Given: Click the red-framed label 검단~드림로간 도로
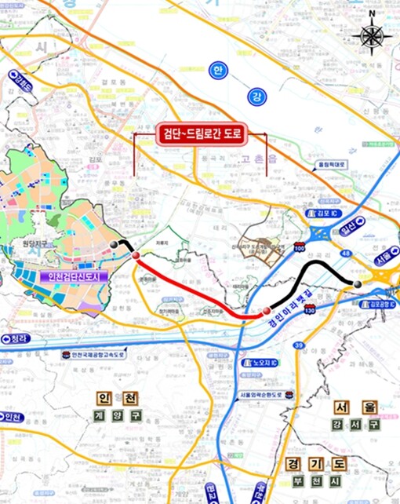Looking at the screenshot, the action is (202, 134).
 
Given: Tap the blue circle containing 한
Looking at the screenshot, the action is (219, 71).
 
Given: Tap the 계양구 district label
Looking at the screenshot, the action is (120, 415).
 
